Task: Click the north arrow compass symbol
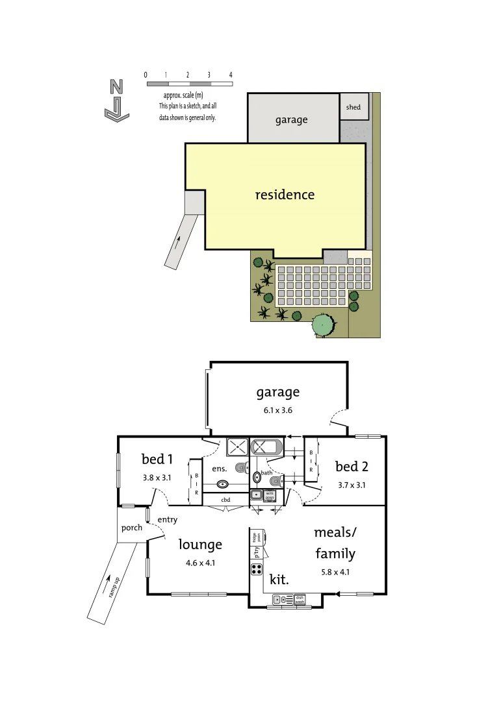[x=116, y=100]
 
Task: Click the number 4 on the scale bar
[x=231, y=75]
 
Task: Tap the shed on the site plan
[x=353, y=106]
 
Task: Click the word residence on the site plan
[x=285, y=195]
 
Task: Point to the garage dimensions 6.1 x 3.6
[x=277, y=410]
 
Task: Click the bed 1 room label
[x=157, y=460]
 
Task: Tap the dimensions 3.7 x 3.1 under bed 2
[x=351, y=484]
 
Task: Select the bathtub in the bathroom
[x=266, y=447]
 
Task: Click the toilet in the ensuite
[x=242, y=467]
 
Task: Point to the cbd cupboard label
[x=225, y=500]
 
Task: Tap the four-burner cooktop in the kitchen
[x=256, y=570]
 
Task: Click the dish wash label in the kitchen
[x=300, y=600]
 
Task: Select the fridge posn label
[x=258, y=536]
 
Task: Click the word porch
[x=132, y=528]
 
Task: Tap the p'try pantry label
[x=257, y=552]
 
